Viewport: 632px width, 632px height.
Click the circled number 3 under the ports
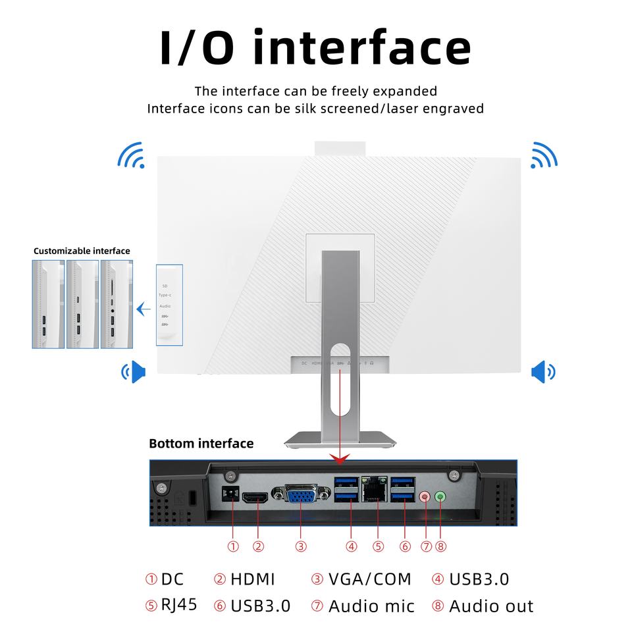301,546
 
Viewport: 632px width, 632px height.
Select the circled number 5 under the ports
378,546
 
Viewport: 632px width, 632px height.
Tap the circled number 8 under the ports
440,546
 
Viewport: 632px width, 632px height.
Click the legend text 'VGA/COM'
369,579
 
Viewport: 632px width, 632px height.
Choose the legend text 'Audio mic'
371,606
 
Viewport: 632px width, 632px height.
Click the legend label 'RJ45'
179,604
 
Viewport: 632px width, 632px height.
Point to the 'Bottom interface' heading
201,444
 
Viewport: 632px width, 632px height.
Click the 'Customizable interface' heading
82,251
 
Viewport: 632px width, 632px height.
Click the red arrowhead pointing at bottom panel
340,456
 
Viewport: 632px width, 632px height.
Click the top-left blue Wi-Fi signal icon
130,155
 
